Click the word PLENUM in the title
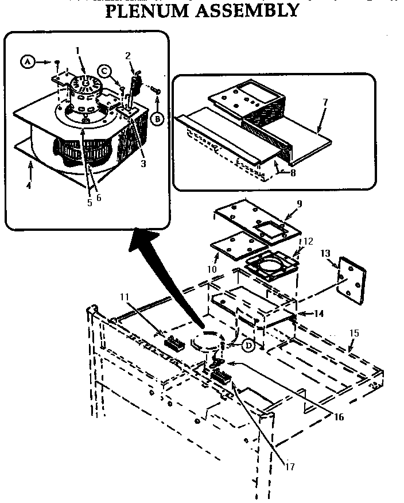click(151, 10)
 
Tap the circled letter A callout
click(27, 60)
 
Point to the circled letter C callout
click(104, 71)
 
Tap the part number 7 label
click(325, 102)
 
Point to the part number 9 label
click(299, 204)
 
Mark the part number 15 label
click(354, 333)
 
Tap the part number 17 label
click(290, 467)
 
